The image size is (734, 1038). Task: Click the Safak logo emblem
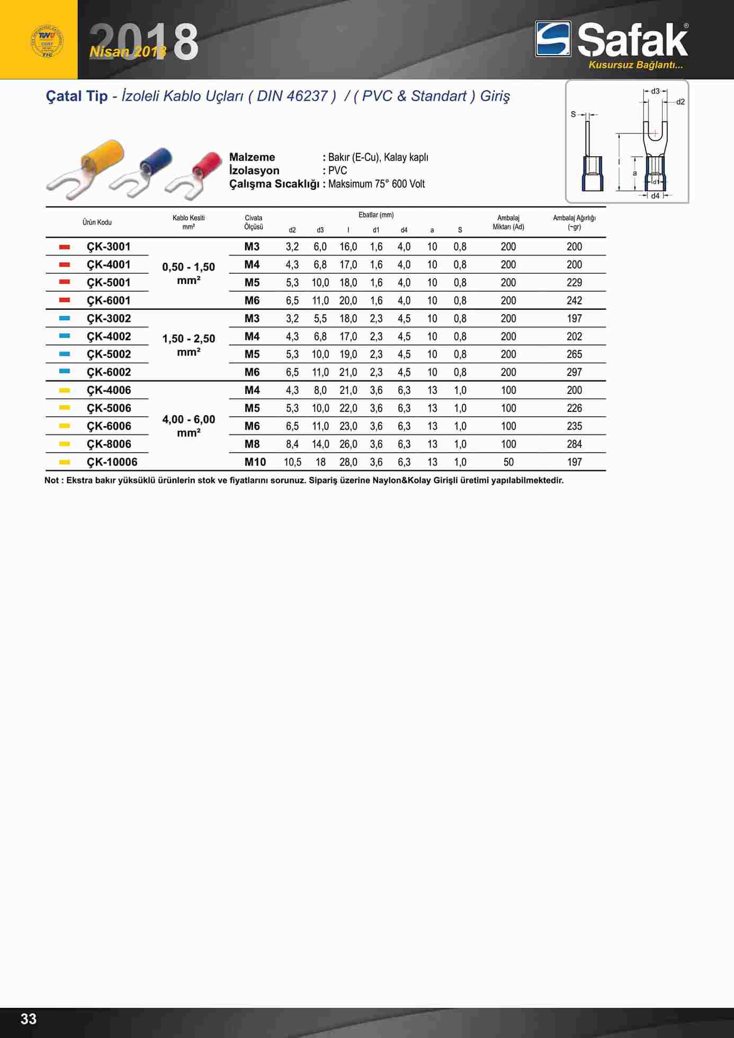[x=553, y=39]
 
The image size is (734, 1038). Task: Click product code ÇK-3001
[x=109, y=247]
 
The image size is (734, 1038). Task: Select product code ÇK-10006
[x=112, y=462]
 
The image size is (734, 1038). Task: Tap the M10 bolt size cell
[x=255, y=462]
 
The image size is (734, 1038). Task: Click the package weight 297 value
[x=574, y=372]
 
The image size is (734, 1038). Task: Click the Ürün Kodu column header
[x=97, y=222]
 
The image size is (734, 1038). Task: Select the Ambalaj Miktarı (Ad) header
[x=508, y=222]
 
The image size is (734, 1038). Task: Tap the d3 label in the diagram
[x=655, y=91]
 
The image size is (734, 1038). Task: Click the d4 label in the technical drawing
[x=655, y=196]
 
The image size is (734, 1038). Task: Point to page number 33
[x=29, y=1019]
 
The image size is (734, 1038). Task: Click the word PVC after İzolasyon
[x=337, y=171]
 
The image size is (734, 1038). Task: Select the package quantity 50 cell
[x=508, y=462]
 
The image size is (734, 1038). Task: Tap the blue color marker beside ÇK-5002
[x=65, y=354]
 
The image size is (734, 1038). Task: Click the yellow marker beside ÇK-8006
[x=65, y=444]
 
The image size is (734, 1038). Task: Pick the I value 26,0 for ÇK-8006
[x=348, y=444]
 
